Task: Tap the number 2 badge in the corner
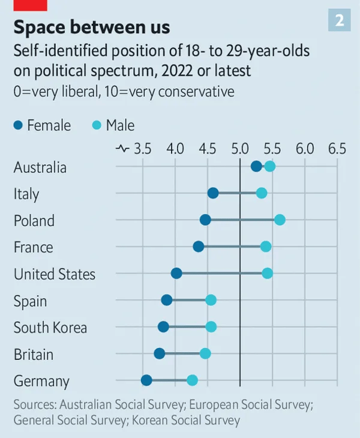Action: click(339, 20)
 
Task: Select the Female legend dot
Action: click(18, 125)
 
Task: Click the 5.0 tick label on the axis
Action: click(240, 148)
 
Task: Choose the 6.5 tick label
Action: click(337, 148)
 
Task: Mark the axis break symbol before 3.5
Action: click(122, 148)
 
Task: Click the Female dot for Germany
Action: click(146, 380)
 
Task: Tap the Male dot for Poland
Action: click(280, 220)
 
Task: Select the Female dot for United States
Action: click(176, 274)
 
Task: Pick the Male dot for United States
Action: click(268, 274)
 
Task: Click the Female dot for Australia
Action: click(256, 166)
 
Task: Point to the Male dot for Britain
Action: click(205, 353)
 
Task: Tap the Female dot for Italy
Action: click(213, 193)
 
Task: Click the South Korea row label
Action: click(50, 328)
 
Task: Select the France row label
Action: click(34, 247)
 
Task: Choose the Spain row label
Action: click(31, 301)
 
